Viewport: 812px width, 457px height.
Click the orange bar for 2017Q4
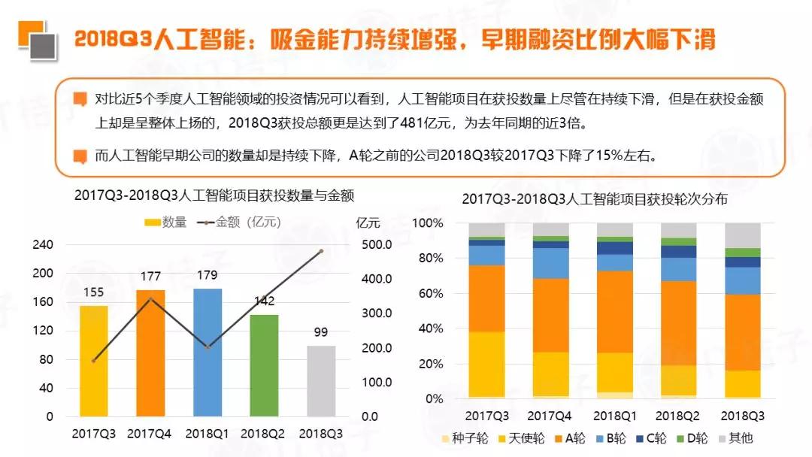point(150,353)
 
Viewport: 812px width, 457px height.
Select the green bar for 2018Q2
point(264,365)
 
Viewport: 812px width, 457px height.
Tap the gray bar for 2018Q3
point(321,380)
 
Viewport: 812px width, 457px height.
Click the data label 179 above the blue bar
point(208,275)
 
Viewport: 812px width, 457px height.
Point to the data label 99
point(321,332)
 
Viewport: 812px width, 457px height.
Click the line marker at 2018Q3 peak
point(321,251)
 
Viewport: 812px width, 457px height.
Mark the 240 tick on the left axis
point(43,244)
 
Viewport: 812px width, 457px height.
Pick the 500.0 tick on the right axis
point(377,244)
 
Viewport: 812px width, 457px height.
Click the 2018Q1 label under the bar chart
point(208,434)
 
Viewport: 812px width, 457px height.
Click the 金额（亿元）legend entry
point(239,222)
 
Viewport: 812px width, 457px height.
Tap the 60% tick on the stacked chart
point(429,294)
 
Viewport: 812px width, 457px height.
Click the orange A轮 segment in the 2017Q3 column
point(486,298)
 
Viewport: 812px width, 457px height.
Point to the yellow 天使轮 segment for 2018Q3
point(742,383)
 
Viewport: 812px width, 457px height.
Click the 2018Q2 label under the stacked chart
point(678,416)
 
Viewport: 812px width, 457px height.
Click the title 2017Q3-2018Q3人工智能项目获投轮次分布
point(595,199)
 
